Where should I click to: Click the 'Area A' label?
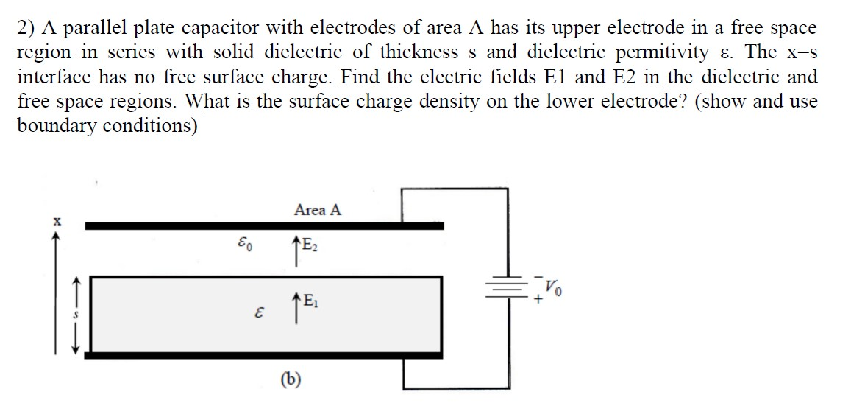tap(318, 210)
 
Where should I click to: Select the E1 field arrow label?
tap(304, 301)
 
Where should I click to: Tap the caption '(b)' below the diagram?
tap(291, 379)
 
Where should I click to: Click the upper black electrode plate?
tap(265, 226)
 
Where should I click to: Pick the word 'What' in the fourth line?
tap(209, 101)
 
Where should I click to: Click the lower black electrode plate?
tap(265, 355)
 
